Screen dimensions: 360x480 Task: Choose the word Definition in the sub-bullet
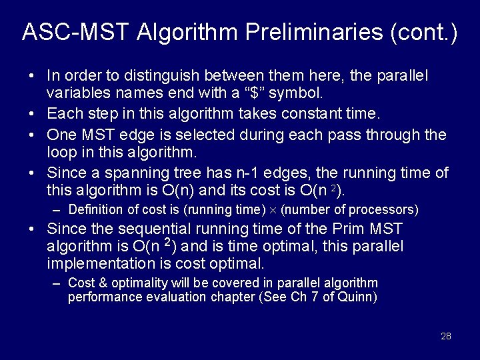coord(95,210)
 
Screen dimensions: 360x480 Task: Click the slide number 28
coord(446,336)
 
